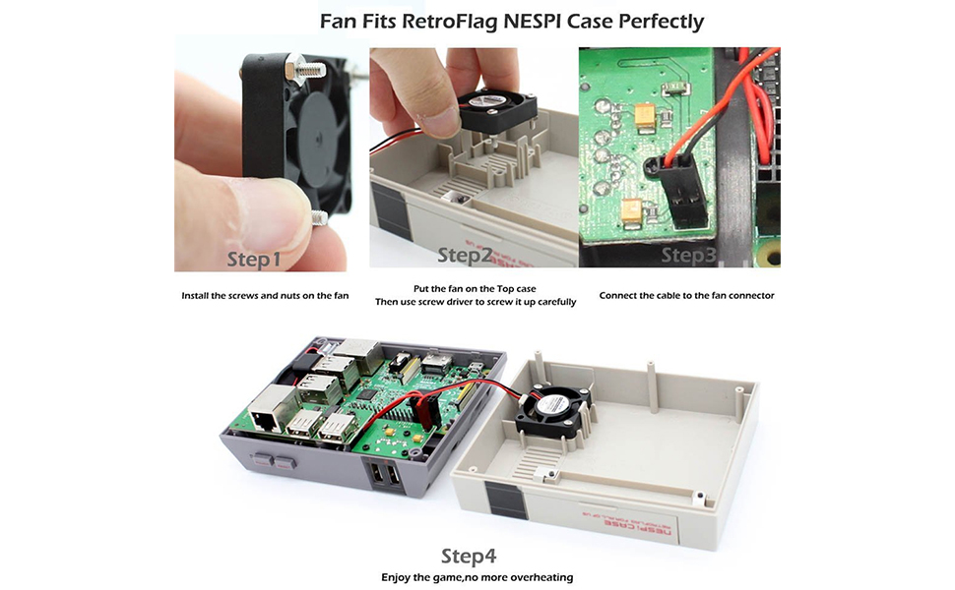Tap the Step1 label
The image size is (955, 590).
pos(254,260)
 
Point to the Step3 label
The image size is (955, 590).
pos(689,256)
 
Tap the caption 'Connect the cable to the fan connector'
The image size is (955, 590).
pos(686,295)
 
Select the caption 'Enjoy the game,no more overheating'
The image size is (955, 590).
pos(477,577)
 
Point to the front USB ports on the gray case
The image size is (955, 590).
pos(385,476)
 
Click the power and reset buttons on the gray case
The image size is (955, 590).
pos(273,460)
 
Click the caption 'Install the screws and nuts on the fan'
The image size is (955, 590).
pos(266,295)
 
